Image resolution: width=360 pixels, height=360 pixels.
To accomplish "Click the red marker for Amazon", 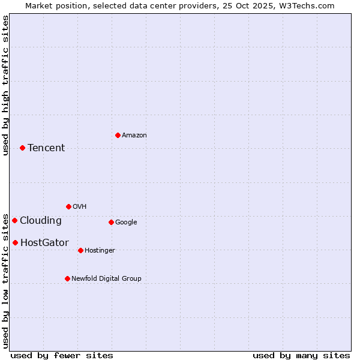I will click(x=118, y=135).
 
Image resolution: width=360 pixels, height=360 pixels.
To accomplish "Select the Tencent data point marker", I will click(x=22, y=148).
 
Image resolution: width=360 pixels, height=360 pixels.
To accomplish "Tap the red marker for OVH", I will click(x=68, y=206).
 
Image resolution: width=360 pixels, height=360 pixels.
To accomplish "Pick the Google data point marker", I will click(x=111, y=222).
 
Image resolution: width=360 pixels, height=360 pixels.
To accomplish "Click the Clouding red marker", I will click(x=14, y=220).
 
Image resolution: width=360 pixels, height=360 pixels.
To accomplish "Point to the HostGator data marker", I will click(x=15, y=242).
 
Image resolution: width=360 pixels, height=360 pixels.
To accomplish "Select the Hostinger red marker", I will click(x=80, y=250).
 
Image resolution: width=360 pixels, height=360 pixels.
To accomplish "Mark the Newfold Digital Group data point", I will click(x=67, y=278).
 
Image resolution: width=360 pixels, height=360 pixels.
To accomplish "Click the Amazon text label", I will click(x=134, y=136).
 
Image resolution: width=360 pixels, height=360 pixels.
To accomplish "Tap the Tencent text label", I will click(x=46, y=148).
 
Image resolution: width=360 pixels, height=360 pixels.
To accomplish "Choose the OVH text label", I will click(x=80, y=207).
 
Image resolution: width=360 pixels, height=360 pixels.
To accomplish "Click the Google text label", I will click(x=126, y=223).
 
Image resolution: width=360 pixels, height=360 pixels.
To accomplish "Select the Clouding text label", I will click(x=41, y=221).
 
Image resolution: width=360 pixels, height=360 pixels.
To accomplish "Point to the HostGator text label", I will click(x=44, y=243).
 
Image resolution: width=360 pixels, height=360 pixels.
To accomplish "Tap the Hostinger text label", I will click(x=100, y=251).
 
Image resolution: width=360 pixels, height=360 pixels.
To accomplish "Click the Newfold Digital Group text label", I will click(x=106, y=278).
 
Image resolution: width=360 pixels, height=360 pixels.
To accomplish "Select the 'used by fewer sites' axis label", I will click(x=62, y=355).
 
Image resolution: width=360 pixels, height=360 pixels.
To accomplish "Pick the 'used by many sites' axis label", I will click(x=301, y=355).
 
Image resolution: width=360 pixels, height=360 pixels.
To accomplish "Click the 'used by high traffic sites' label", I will click(x=5, y=85).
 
